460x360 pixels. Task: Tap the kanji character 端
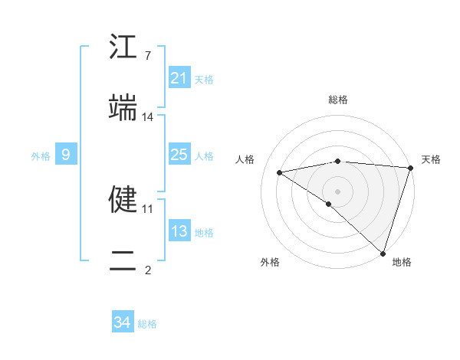coord(123,108)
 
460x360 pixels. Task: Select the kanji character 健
coord(123,198)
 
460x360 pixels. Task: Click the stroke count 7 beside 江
coord(148,55)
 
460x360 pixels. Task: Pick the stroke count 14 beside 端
coord(148,116)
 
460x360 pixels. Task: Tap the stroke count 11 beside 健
coord(148,208)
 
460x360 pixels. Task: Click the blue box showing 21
coord(179,78)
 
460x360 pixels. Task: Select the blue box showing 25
coord(179,155)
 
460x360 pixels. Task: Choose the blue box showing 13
coord(179,231)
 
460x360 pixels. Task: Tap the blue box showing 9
coord(66,155)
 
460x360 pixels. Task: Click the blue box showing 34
coord(123,322)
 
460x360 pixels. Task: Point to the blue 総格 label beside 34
coord(147,324)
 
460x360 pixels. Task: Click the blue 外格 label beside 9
coord(41,156)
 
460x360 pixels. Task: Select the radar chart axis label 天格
coord(431,159)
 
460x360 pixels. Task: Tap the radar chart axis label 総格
coord(338,100)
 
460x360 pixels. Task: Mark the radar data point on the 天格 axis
coord(410,168)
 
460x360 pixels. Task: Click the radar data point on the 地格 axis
coord(382,253)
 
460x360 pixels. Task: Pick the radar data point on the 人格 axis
coord(280,172)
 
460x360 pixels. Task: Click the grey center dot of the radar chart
coord(337,191)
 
